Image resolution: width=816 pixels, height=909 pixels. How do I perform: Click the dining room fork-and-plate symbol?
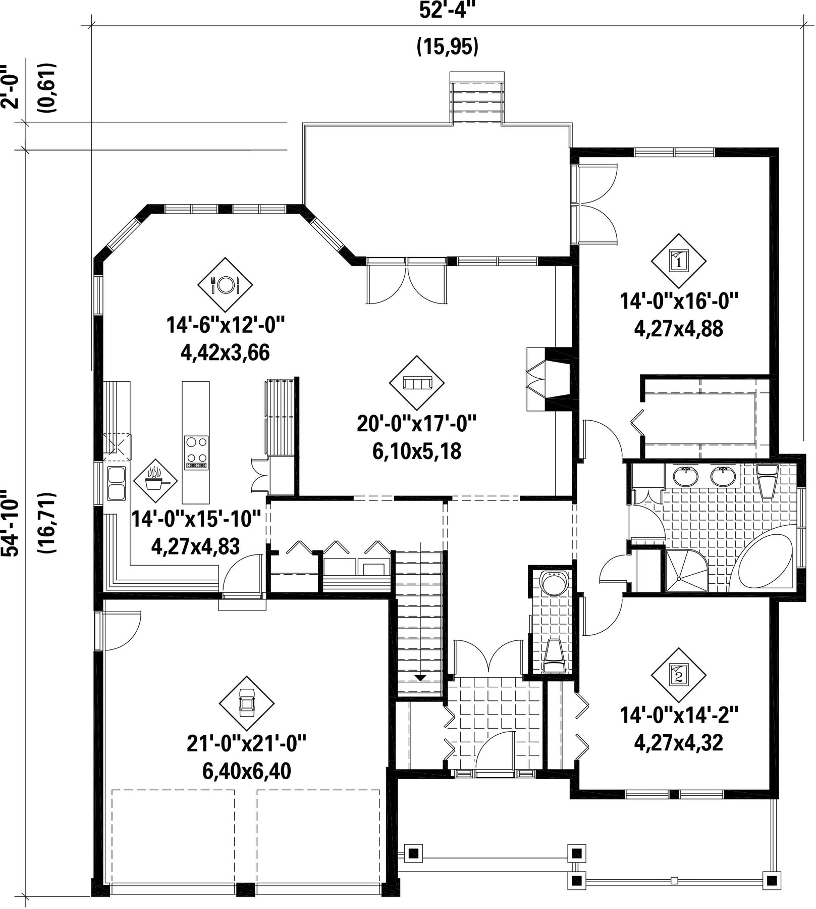coord(225,285)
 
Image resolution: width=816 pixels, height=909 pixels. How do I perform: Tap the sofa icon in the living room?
coord(417,383)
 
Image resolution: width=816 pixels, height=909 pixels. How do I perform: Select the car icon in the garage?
coord(246,703)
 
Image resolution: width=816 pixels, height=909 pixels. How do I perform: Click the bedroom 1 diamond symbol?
coord(678,261)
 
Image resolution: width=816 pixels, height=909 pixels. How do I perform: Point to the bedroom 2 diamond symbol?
coord(678,675)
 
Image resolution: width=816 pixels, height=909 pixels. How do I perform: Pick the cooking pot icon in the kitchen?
coord(155,480)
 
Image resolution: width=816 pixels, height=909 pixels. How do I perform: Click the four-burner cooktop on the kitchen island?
coord(196,452)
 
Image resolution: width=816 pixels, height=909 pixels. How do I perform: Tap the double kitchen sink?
coord(117,484)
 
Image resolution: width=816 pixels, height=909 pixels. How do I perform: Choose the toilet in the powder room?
coord(554,656)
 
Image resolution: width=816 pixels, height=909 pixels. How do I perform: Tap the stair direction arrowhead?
coord(420,678)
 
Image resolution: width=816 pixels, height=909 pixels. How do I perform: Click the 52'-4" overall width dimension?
coord(448,10)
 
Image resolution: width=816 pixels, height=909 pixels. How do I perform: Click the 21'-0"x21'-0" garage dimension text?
coord(247,744)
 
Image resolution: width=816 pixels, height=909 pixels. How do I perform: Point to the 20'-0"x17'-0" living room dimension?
coord(417,423)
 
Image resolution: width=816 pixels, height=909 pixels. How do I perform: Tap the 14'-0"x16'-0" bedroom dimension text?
coord(679,301)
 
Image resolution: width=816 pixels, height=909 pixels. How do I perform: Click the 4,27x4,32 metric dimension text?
coord(679,743)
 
